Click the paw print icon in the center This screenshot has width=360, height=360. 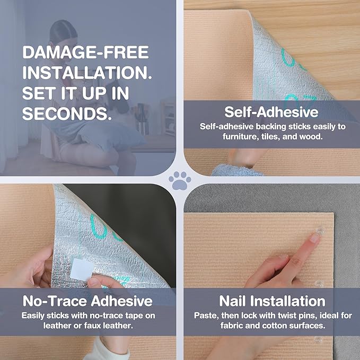(x=180, y=180)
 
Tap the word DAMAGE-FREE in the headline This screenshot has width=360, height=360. (x=86, y=52)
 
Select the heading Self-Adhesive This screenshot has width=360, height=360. (x=271, y=112)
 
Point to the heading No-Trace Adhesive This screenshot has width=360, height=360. (x=87, y=301)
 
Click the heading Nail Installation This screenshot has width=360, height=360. (x=272, y=301)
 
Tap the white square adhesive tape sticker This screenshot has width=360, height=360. (x=82, y=269)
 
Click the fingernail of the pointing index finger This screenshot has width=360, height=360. (x=314, y=238)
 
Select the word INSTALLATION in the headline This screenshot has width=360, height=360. (x=87, y=73)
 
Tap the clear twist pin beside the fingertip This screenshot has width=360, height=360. (x=321, y=230)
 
